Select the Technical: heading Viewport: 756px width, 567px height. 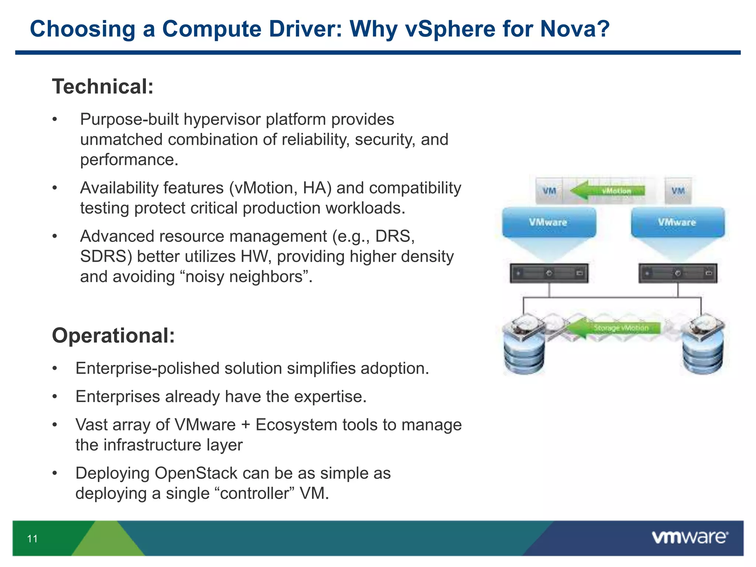[x=103, y=86]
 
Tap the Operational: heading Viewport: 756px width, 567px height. [x=113, y=336]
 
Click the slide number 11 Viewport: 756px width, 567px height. [x=32, y=539]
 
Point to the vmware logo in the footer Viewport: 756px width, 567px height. [x=690, y=537]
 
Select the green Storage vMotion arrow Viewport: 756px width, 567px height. [x=613, y=327]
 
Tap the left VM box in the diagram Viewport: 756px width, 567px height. [x=549, y=191]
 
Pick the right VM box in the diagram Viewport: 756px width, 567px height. [x=678, y=191]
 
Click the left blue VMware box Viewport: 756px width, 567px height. [x=549, y=222]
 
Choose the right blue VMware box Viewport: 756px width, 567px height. [x=677, y=222]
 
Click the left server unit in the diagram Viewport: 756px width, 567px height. [x=549, y=273]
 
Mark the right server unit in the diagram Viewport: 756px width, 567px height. [x=678, y=273]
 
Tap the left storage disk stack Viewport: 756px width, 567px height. [x=523, y=345]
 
